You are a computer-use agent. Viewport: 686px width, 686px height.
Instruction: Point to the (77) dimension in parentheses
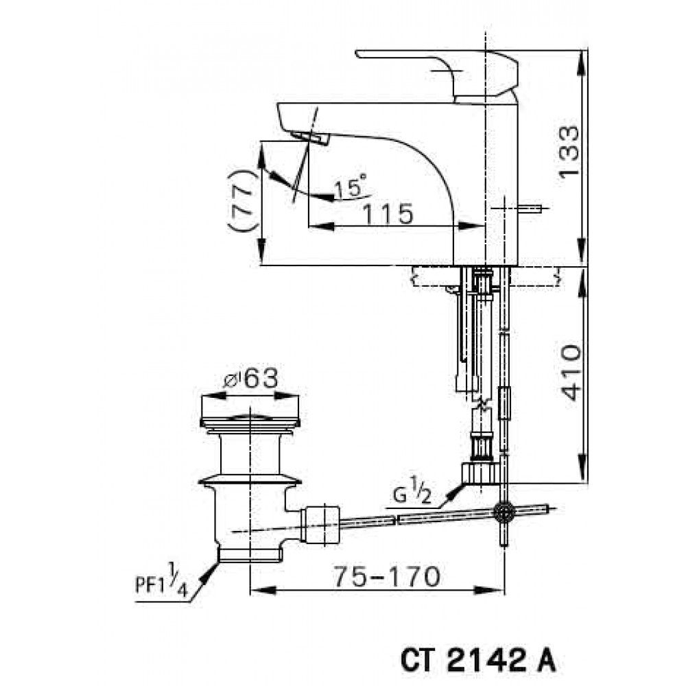pos(242,200)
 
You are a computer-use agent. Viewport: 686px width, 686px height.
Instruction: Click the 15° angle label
pos(351,187)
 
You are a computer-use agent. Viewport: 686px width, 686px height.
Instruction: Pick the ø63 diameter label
pos(250,378)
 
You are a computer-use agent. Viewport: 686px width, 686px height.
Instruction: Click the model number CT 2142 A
pos(477,663)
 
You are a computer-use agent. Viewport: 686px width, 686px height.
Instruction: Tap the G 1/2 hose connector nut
pos(480,472)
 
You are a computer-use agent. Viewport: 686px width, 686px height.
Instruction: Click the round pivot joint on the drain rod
pos(506,511)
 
